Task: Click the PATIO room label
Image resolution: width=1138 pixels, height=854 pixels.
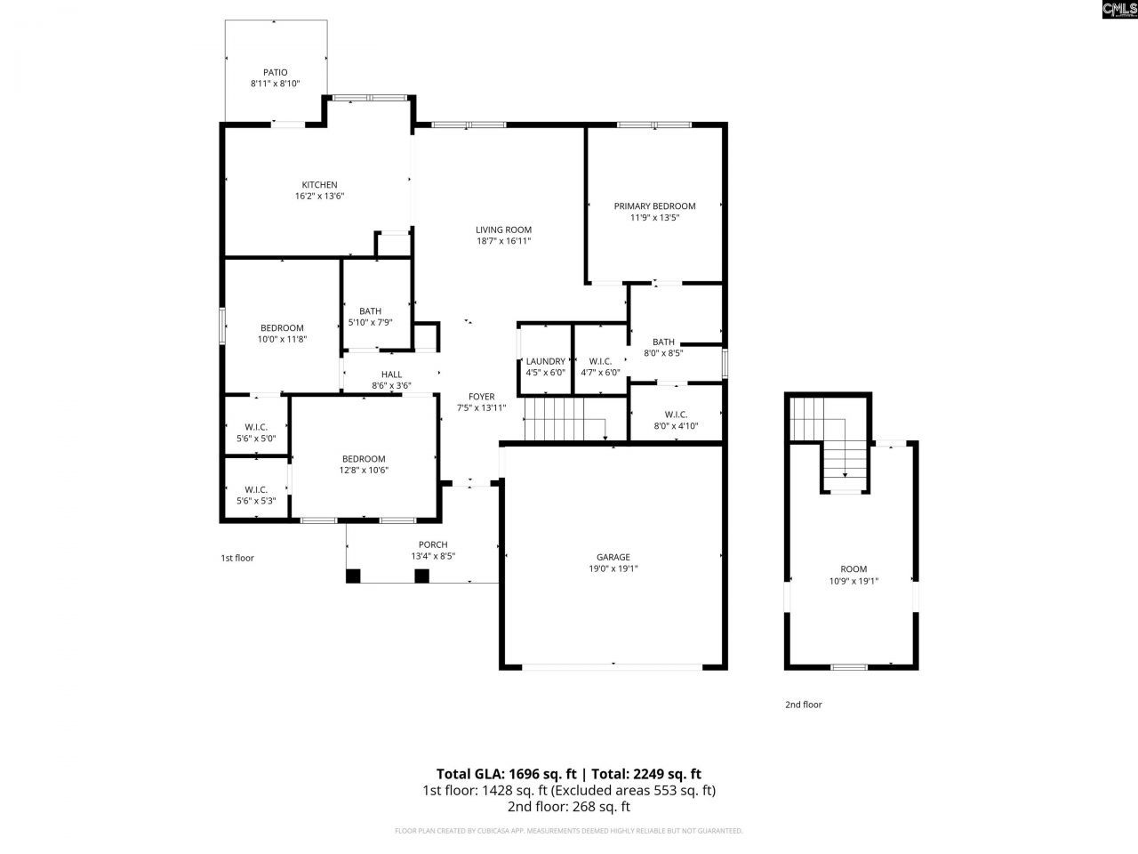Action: click(275, 72)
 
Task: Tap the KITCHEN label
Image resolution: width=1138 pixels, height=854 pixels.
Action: click(319, 185)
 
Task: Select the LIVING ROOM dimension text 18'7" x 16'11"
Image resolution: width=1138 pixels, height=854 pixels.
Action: click(503, 241)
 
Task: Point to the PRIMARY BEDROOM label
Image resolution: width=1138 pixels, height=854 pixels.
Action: click(654, 206)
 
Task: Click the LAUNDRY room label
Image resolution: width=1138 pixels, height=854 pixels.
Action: click(545, 361)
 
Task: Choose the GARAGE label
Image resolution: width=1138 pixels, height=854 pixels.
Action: click(613, 558)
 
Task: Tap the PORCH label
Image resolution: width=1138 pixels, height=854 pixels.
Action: click(433, 544)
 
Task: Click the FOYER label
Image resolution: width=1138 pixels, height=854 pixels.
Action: click(482, 397)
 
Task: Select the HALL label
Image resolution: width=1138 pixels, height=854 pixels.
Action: click(391, 375)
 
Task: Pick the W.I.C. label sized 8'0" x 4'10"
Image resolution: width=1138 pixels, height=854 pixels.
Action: click(676, 415)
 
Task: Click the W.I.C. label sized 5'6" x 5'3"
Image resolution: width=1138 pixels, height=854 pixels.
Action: click(256, 489)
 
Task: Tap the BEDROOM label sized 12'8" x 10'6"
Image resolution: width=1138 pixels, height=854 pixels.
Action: click(364, 459)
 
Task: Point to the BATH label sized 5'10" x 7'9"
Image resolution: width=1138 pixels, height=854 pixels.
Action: click(370, 311)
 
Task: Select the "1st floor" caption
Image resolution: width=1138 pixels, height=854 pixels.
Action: click(237, 559)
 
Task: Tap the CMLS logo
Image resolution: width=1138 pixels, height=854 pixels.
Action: click(1118, 10)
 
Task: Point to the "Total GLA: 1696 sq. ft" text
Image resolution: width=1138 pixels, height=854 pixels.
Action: click(506, 774)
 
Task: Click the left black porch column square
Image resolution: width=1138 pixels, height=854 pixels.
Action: click(354, 576)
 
